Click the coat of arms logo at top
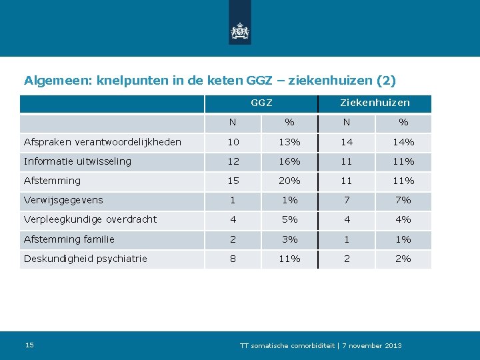pos(240,31)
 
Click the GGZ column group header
pos(261,103)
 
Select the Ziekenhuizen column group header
pos(375,103)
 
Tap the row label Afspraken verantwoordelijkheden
pos(103,142)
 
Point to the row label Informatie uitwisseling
pos(77,161)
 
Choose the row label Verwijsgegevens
pos(63,200)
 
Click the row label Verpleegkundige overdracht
pos(91,219)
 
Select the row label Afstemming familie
pos(69,239)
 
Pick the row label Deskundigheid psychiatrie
pos(85,259)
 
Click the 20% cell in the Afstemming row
pos(290,181)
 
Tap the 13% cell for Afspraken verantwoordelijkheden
pos(290,142)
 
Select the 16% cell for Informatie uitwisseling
pos(290,161)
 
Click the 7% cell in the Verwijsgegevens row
pos(403,200)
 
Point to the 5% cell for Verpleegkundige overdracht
pos(290,219)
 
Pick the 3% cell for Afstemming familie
pos(290,239)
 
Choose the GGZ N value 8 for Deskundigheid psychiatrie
pos(233,259)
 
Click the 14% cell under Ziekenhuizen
pos(403,142)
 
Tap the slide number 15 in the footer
pos(29,345)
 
